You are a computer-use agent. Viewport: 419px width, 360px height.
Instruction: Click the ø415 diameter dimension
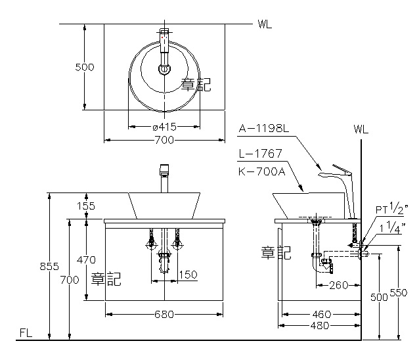tap(164, 126)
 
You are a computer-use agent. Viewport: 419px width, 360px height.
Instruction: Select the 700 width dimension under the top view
tap(164, 139)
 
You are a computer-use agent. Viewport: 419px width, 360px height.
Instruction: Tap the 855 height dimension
tap(49, 266)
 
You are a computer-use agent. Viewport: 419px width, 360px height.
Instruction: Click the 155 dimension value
tap(85, 206)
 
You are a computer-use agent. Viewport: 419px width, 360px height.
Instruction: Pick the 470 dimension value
tap(85, 259)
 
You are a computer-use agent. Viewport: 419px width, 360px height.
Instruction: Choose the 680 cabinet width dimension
tap(164, 314)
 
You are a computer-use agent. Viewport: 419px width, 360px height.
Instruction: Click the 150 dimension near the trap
tap(188, 275)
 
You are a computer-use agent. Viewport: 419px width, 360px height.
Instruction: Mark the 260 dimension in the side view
tap(338, 285)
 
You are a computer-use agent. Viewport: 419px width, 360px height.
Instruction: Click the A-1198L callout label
tap(263, 129)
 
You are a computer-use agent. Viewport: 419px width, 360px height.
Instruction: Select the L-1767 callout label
tap(260, 154)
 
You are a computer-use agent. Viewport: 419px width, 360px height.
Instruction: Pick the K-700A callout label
tap(260, 171)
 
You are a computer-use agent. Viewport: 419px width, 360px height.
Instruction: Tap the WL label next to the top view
tap(265, 25)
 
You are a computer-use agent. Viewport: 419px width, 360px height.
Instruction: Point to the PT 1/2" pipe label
tap(391, 209)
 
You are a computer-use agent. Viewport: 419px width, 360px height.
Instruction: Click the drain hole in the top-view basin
tap(164, 68)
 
